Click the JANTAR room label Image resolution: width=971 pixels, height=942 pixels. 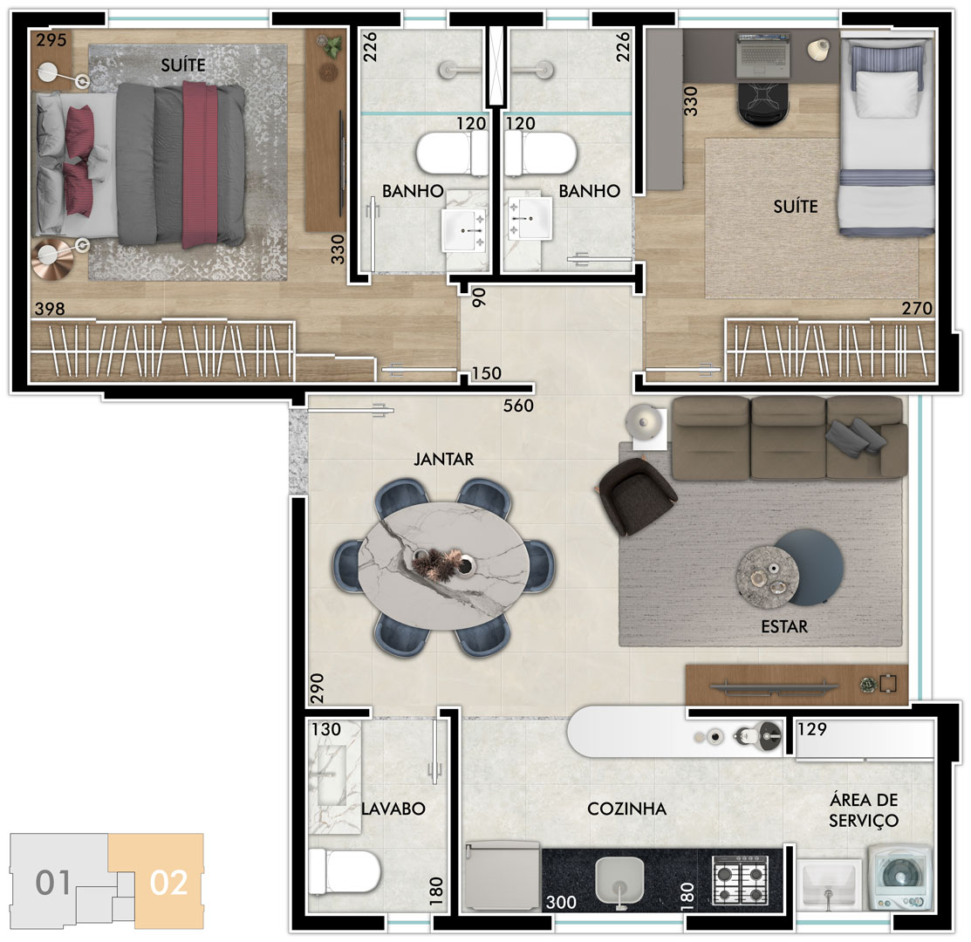[443, 460]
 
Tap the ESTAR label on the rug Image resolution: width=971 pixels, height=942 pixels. [784, 626]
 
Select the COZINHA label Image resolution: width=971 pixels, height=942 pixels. [626, 809]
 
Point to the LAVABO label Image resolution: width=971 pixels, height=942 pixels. [393, 809]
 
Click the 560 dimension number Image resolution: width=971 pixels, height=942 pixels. [518, 406]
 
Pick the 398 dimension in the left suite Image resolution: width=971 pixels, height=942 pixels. [50, 308]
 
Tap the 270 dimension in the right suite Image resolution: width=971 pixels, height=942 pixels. [917, 308]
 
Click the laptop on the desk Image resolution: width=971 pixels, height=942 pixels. [762, 55]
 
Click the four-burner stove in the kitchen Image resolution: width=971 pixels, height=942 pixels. [741, 879]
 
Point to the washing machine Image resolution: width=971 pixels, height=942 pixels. [899, 877]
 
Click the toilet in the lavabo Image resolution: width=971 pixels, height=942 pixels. [344, 870]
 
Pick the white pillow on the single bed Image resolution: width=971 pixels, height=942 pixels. [886, 93]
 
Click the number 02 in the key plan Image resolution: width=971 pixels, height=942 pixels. [168, 883]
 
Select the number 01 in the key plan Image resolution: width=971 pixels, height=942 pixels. [52, 883]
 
